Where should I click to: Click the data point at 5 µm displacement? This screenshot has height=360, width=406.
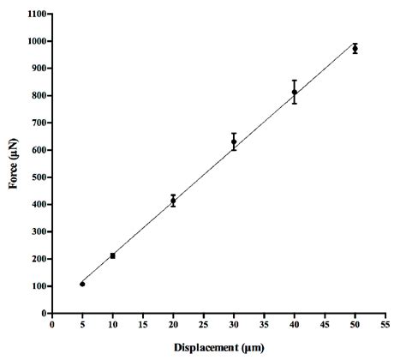pyautogui.click(x=82, y=284)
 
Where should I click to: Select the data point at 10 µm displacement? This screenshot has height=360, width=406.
pyautogui.click(x=112, y=255)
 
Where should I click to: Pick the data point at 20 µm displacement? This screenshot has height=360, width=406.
pyautogui.click(x=173, y=201)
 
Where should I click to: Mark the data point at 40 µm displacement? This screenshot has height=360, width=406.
pyautogui.click(x=295, y=92)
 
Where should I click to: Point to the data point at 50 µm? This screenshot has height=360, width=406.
pyautogui.click(x=355, y=48)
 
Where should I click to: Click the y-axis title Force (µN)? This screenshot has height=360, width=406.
pyautogui.click(x=15, y=163)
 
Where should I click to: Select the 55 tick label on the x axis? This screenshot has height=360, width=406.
pyautogui.click(x=385, y=327)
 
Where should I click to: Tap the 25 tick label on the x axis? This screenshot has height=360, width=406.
pyautogui.click(x=203, y=327)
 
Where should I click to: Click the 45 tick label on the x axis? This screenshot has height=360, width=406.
pyautogui.click(x=325, y=327)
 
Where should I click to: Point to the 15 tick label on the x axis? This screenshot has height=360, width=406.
pyautogui.click(x=142, y=327)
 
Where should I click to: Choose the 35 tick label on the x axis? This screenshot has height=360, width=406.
pyautogui.click(x=264, y=327)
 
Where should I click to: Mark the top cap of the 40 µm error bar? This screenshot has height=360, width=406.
pyautogui.click(x=295, y=81)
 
